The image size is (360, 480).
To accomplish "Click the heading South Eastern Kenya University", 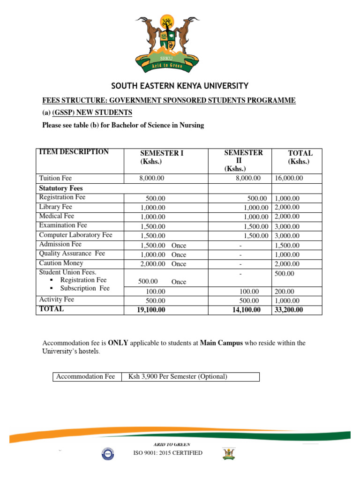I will point(180,86).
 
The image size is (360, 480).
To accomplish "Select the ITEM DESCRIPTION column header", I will point(74,152).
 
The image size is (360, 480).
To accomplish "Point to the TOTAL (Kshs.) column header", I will point(300,157).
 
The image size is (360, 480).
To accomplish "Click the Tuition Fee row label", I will point(55,178).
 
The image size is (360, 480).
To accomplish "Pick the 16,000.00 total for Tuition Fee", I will point(288,179).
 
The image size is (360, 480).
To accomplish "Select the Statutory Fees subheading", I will point(60,188).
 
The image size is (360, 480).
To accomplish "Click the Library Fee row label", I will point(55,207).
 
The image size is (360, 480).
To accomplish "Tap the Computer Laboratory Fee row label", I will point(75,235).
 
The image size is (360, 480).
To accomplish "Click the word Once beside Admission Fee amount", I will point(179,245).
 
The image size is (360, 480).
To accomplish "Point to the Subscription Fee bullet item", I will point(85,288).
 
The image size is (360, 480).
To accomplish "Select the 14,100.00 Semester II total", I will point(246,310).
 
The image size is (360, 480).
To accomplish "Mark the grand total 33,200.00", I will point(289,310).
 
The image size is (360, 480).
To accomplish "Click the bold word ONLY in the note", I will point(117,343).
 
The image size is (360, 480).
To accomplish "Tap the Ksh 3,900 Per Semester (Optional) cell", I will point(174,376).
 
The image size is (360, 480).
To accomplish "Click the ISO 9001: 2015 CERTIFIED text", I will point(167,453).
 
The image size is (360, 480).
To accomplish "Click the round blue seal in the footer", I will point(108,453).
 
